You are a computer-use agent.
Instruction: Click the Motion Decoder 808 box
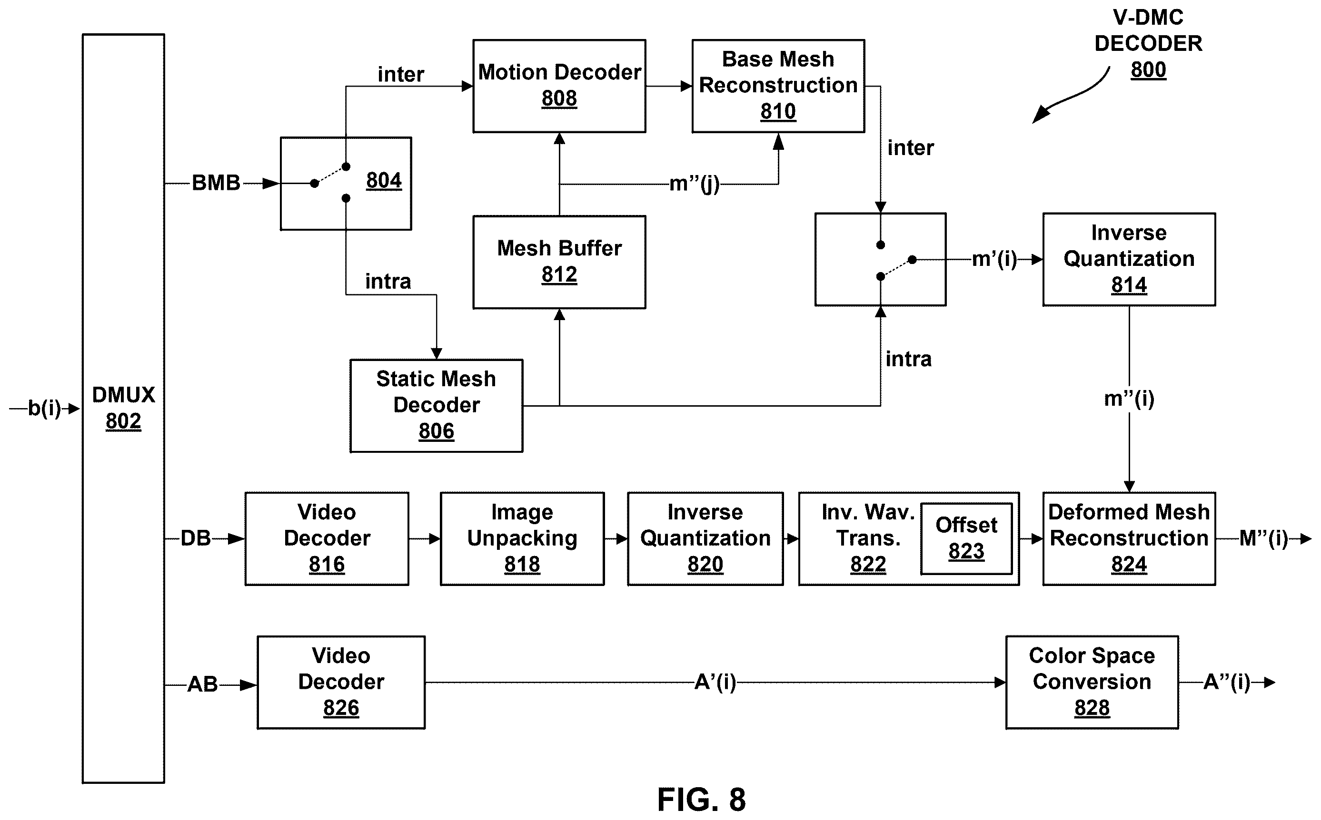pyautogui.click(x=559, y=86)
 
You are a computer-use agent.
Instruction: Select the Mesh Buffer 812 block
pyautogui.click(x=559, y=262)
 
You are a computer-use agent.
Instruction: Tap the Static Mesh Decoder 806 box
pyautogui.click(x=437, y=406)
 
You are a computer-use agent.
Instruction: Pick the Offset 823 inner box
pyautogui.click(x=966, y=538)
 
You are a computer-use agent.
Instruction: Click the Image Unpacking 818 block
pyautogui.click(x=522, y=538)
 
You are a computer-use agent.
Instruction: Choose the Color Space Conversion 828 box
pyautogui.click(x=1092, y=682)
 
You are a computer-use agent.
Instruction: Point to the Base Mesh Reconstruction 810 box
pyautogui.click(x=778, y=86)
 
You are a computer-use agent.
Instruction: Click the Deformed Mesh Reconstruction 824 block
pyautogui.click(x=1129, y=538)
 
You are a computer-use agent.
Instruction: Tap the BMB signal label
pyautogui.click(x=216, y=183)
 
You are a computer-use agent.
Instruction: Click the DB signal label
pyautogui.click(x=195, y=538)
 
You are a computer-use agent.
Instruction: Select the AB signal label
pyautogui.click(x=202, y=684)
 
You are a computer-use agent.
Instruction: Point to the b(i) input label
pyautogui.click(x=44, y=408)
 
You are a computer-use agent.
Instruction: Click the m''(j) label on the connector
pyautogui.click(x=694, y=184)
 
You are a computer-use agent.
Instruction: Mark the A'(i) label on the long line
pyautogui.click(x=715, y=682)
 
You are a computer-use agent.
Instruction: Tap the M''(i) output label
pyautogui.click(x=1264, y=538)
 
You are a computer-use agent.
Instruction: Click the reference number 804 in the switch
pyautogui.click(x=384, y=180)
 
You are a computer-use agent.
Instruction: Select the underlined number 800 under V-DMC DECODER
pyautogui.click(x=1148, y=70)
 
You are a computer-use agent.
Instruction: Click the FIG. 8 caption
pyautogui.click(x=701, y=799)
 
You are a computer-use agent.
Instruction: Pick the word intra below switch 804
pyautogui.click(x=388, y=281)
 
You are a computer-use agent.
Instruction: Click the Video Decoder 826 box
pyautogui.click(x=341, y=682)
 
